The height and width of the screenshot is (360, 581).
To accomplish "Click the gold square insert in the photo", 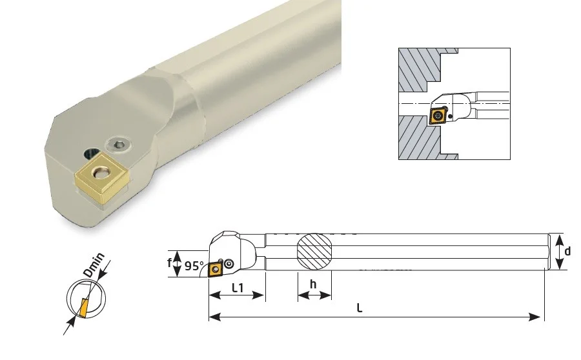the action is tap(102, 177).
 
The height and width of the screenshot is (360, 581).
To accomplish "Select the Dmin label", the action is tap(94, 265).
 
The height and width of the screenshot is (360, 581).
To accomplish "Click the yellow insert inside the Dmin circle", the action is tap(84, 307).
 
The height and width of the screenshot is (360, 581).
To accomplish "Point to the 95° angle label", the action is tap(194, 266).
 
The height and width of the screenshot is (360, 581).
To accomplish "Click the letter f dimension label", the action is tap(169, 263).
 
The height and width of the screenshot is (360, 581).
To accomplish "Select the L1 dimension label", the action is tap(238, 287).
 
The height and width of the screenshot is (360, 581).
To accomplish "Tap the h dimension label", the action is tap(314, 285).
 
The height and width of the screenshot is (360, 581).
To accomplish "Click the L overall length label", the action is tap(360, 308).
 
